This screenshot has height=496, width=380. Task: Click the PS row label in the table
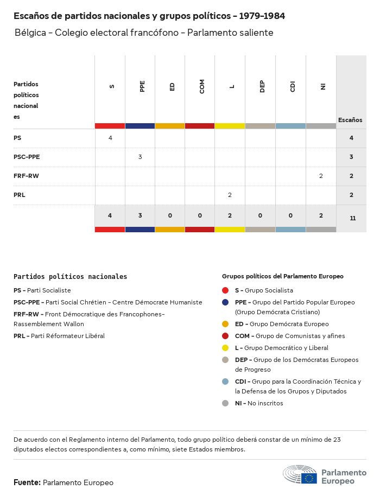click(17, 138)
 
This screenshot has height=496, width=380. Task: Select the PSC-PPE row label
click(27, 157)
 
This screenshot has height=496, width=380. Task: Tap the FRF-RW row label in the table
click(26, 176)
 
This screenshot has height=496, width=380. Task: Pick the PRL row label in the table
click(20, 195)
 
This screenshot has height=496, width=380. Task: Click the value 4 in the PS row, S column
click(110, 138)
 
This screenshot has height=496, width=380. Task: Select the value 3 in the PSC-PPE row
click(140, 157)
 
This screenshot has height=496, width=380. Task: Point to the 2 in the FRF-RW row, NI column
click(321, 176)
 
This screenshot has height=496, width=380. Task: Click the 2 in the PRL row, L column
click(230, 195)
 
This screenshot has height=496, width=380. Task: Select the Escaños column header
click(350, 120)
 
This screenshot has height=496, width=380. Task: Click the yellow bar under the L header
click(230, 126)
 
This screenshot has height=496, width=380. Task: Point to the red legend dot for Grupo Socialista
click(225, 290)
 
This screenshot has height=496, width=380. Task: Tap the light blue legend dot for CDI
click(225, 381)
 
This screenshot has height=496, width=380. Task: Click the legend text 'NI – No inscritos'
click(259, 403)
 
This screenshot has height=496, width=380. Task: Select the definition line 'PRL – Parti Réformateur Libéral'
click(59, 336)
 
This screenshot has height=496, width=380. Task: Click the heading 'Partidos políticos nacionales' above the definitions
click(71, 277)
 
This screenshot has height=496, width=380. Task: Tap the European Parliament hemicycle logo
click(300, 475)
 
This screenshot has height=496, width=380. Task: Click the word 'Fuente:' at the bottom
click(27, 482)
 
